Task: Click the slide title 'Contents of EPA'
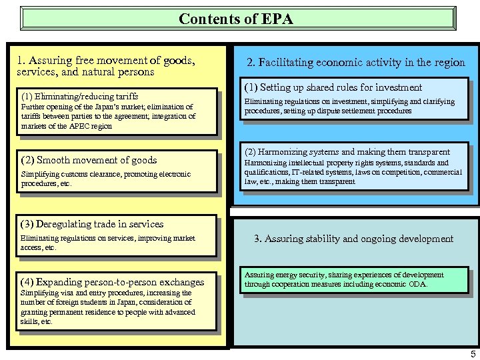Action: (x=236, y=19)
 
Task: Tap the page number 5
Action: (x=473, y=354)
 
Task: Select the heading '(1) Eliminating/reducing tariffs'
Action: (x=80, y=96)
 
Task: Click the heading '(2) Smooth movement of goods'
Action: (x=89, y=160)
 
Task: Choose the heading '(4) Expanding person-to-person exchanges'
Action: (x=113, y=282)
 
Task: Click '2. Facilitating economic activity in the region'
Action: (x=356, y=63)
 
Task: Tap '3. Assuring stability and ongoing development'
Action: (x=354, y=239)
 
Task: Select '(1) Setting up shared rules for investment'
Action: (x=333, y=87)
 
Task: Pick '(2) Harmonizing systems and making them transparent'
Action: (x=347, y=152)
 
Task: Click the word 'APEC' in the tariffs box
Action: (x=81, y=126)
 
